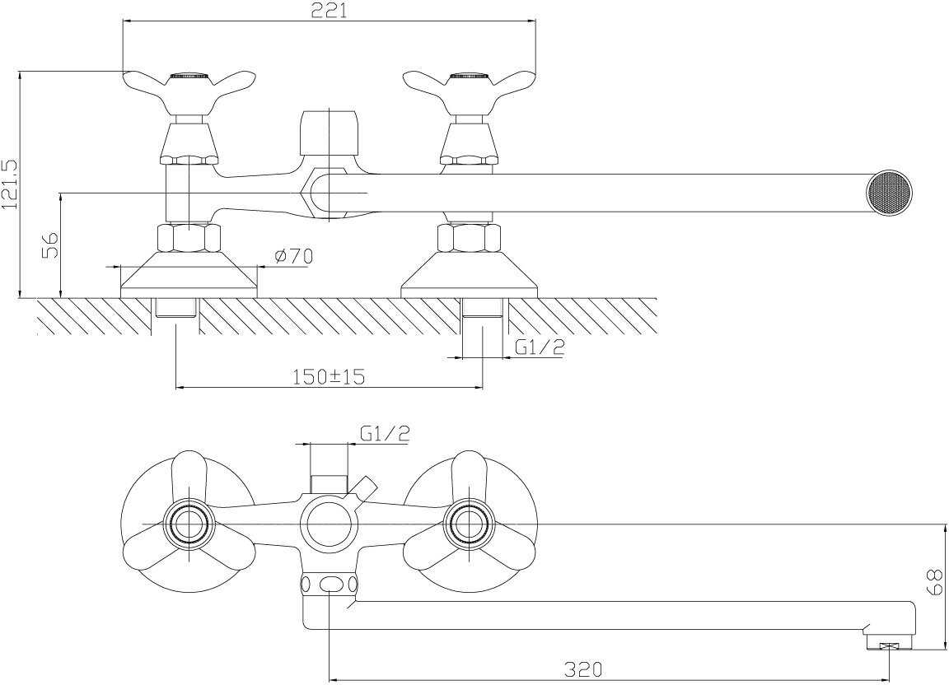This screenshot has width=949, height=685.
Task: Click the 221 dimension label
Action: tap(330, 11)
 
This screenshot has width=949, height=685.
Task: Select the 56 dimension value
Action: tap(51, 245)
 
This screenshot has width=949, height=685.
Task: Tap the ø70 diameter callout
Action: tap(293, 256)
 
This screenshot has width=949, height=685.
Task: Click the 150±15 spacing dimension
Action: tap(330, 377)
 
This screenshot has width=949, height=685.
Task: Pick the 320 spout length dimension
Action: tap(583, 669)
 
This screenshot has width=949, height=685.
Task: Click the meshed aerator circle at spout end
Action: tap(889, 192)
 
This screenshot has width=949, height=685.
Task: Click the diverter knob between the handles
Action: tap(327, 131)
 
